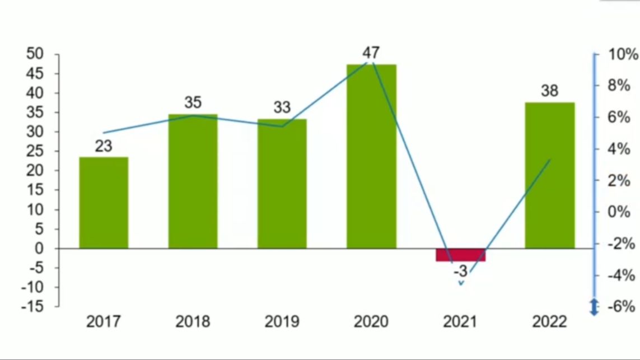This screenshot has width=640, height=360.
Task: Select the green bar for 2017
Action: (104, 203)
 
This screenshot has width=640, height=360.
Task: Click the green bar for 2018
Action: (193, 181)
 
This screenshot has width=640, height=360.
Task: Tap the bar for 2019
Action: (282, 184)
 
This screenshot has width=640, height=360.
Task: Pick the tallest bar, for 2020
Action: (371, 157)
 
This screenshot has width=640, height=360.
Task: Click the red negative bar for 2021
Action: (460, 255)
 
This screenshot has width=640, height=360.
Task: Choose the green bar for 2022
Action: (549, 175)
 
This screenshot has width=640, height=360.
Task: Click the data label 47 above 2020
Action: (371, 53)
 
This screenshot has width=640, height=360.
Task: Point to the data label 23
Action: (104, 146)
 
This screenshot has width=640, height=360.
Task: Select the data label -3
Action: (460, 272)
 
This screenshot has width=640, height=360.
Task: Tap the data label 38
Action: (549, 91)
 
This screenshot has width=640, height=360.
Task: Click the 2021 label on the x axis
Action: (460, 322)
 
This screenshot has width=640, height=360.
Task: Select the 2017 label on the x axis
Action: (104, 322)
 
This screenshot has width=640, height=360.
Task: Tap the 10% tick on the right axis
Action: (623, 54)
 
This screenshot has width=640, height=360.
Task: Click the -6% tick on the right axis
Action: (623, 307)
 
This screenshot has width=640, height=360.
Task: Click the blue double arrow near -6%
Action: (595, 307)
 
